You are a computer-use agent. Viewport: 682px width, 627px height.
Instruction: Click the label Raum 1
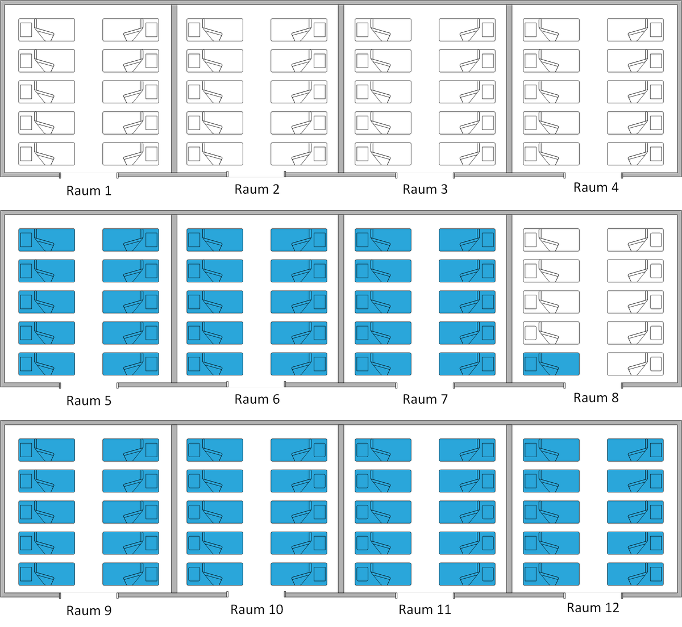click(x=89, y=191)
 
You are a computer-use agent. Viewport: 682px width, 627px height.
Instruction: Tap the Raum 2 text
click(x=257, y=189)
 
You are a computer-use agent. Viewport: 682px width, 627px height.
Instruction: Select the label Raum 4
click(x=596, y=187)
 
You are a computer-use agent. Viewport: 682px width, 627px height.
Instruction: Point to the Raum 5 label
click(x=89, y=400)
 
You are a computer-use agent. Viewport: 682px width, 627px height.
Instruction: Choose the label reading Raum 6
click(x=257, y=399)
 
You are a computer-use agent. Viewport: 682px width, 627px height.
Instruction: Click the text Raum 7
click(x=425, y=399)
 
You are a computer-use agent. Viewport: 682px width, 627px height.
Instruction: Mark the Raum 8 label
click(x=596, y=398)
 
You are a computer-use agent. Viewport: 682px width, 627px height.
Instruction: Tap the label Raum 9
click(x=89, y=611)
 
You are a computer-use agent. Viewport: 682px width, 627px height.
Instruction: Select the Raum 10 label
click(x=257, y=609)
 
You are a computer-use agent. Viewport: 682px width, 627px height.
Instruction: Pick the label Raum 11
click(x=425, y=609)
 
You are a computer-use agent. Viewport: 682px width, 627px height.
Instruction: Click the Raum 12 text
click(x=593, y=608)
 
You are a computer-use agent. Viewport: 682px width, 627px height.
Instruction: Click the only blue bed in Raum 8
click(x=551, y=364)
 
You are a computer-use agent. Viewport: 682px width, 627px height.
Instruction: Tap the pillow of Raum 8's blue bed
click(x=530, y=364)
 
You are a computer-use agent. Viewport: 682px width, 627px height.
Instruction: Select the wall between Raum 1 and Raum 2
click(x=174, y=89)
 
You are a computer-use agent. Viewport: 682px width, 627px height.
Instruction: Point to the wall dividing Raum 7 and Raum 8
click(x=509, y=299)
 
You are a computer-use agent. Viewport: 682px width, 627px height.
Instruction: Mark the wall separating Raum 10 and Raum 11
click(x=341, y=509)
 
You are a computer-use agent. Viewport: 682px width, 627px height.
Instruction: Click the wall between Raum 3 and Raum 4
click(x=509, y=89)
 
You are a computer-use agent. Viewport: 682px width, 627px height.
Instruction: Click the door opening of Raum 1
click(x=89, y=175)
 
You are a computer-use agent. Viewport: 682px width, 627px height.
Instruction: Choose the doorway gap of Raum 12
click(x=593, y=595)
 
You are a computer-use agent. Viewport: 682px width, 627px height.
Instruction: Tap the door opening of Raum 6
click(x=256, y=385)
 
